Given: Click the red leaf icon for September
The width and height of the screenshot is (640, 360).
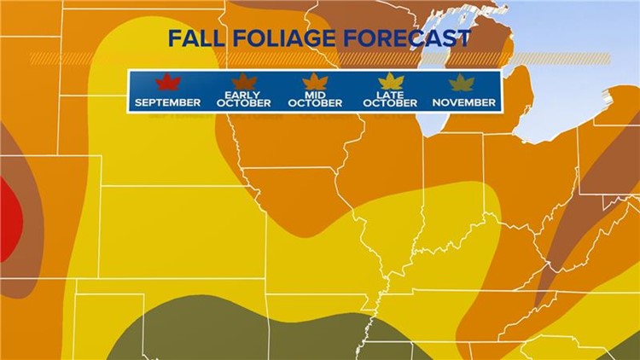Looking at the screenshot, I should click(166, 83).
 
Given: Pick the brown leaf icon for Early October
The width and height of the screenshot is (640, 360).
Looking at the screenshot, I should click(244, 82).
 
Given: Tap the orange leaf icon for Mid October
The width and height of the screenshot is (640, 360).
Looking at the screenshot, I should click(315, 82).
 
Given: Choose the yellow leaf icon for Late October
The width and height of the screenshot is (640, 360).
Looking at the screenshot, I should click(391, 82).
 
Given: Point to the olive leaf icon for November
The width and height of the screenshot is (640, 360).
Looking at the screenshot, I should click(463, 83).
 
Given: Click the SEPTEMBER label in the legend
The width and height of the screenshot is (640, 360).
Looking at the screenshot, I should click(167, 102).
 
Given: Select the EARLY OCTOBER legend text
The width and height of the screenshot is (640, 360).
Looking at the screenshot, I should click(244, 99).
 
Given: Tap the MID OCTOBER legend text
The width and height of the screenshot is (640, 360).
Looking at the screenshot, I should click(315, 99).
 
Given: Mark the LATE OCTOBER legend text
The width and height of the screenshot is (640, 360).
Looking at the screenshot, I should click(391, 99).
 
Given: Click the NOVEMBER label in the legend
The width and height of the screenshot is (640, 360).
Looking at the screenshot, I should click(463, 102).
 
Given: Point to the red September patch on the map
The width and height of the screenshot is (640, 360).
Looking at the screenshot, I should click(8, 213).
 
